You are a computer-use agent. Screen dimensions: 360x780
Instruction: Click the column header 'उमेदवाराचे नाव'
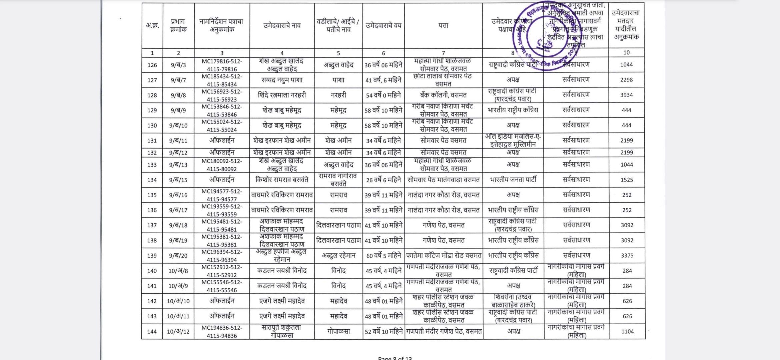282,25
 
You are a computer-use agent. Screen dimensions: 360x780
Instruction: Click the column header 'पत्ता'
443,25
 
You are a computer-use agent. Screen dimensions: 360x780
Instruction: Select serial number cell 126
152,65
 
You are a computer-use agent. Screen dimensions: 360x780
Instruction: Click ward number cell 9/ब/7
178,80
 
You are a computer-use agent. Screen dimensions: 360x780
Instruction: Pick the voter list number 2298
626,80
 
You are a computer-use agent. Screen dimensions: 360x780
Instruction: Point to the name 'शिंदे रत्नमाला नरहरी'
282,95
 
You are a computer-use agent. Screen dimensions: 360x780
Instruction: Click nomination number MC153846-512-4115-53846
222,110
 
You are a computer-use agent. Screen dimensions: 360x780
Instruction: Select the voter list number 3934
626,95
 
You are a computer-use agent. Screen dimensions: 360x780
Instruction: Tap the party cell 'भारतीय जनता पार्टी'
513,180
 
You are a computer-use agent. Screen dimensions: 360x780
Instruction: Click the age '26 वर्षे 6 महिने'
384,180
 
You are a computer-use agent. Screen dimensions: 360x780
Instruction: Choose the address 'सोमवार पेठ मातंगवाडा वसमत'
443,180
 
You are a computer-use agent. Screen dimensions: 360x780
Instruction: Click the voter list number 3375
627,256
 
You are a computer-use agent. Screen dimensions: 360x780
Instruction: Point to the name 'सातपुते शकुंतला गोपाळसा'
282,332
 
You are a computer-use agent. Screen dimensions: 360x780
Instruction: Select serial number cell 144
152,332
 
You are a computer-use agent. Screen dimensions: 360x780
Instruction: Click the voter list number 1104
627,332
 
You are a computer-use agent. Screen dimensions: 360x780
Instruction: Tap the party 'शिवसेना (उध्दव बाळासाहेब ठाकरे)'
513,301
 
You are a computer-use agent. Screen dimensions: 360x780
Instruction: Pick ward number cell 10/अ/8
178,271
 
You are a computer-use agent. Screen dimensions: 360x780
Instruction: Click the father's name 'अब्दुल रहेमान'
338,256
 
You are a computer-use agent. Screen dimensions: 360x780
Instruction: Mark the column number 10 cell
626,53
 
